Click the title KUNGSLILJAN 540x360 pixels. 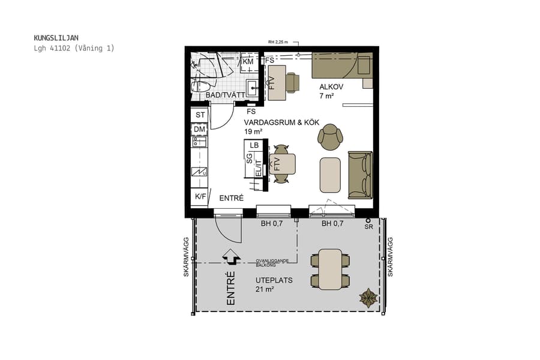[x=56, y=38]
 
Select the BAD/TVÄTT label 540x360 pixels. [x=225, y=95]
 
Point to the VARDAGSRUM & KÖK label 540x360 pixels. [x=273, y=122]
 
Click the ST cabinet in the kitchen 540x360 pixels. [x=199, y=115]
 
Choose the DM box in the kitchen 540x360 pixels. [x=199, y=129]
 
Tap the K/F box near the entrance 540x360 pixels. [x=199, y=196]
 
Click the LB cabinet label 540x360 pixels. [x=254, y=145]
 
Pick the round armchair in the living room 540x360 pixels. [x=330, y=137]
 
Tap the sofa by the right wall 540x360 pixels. [x=360, y=175]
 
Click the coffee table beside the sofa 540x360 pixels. [x=330, y=175]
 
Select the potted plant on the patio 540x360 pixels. [x=368, y=297]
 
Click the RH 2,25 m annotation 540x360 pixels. [x=278, y=42]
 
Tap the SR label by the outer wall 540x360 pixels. [x=368, y=227]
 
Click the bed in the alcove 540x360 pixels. [x=341, y=65]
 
